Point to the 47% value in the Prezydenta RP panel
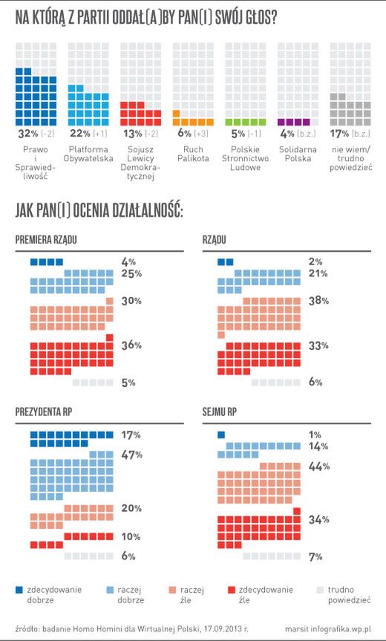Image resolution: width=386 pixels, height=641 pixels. [x=131, y=455]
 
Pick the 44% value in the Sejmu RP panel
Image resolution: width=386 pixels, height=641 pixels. [x=318, y=466]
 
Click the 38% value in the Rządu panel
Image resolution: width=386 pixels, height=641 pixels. [x=318, y=301]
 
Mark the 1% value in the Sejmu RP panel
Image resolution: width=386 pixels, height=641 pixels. [x=315, y=435]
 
